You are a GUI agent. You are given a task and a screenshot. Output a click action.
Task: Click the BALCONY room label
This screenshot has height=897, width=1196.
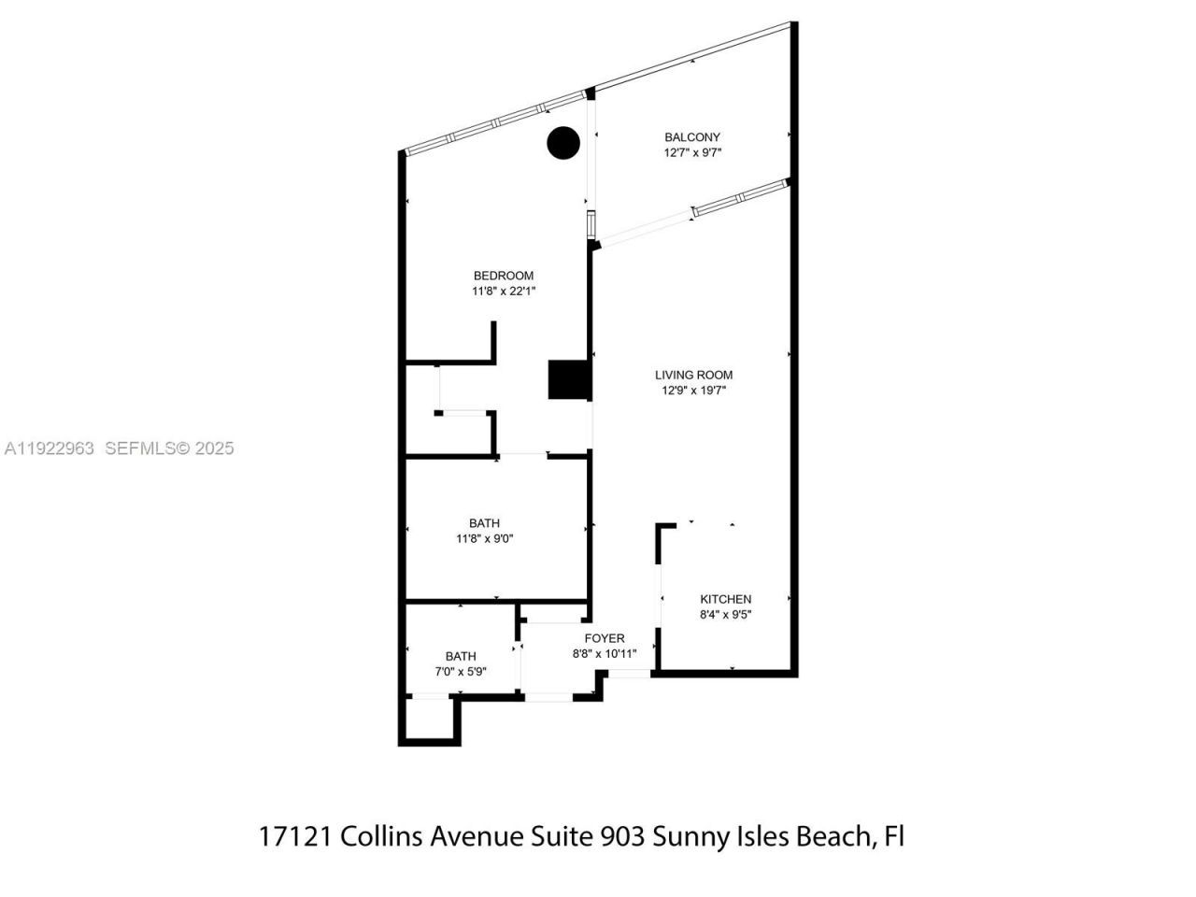[692, 137]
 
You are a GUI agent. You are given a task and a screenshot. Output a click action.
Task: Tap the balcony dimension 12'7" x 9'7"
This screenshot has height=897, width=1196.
[692, 152]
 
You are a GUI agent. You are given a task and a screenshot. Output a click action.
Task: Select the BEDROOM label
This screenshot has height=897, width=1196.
[504, 276]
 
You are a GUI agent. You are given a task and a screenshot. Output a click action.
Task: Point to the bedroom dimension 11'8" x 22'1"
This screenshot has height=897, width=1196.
[504, 292]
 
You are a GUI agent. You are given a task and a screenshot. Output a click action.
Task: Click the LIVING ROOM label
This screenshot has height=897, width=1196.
[693, 376]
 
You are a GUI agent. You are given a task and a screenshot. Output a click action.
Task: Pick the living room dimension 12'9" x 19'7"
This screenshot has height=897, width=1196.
[693, 391]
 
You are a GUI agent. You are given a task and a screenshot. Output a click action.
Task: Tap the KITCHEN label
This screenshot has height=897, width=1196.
[726, 599]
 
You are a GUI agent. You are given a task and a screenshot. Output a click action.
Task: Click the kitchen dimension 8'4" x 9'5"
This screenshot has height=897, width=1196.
[726, 615]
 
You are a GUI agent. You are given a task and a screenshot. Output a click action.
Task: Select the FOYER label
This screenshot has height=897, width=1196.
[605, 638]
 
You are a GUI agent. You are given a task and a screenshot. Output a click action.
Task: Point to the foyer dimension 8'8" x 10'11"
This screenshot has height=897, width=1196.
[605, 654]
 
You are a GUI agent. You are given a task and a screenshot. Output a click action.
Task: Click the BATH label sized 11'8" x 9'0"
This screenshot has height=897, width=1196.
[484, 523]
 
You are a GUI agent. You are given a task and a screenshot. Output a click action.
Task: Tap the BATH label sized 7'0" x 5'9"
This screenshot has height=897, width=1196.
[461, 656]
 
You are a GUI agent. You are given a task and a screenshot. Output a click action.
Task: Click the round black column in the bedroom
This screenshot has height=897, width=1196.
[563, 143]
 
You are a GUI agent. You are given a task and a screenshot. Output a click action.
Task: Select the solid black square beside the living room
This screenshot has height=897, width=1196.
[567, 380]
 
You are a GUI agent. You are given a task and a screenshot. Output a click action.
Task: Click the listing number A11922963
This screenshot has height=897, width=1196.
[49, 448]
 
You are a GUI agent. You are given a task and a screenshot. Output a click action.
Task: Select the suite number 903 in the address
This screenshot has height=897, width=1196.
[621, 835]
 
